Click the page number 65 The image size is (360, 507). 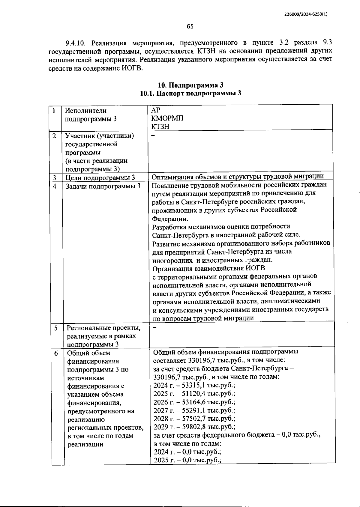coord(190,26)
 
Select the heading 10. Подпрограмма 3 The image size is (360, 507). coord(190,85)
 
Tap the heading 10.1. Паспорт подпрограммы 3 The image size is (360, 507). coord(190,93)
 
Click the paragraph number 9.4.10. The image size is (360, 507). coord(76,43)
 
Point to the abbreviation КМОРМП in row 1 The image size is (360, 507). coord(167,118)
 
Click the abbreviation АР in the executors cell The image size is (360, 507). coord(156,110)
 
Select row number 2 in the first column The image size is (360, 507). coord(54,136)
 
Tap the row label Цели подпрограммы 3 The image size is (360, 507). coord(100,177)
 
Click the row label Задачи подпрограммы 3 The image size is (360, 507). coord(103,186)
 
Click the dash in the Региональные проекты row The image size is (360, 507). coord(154,327)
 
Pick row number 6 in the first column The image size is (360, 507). coord(56,353)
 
